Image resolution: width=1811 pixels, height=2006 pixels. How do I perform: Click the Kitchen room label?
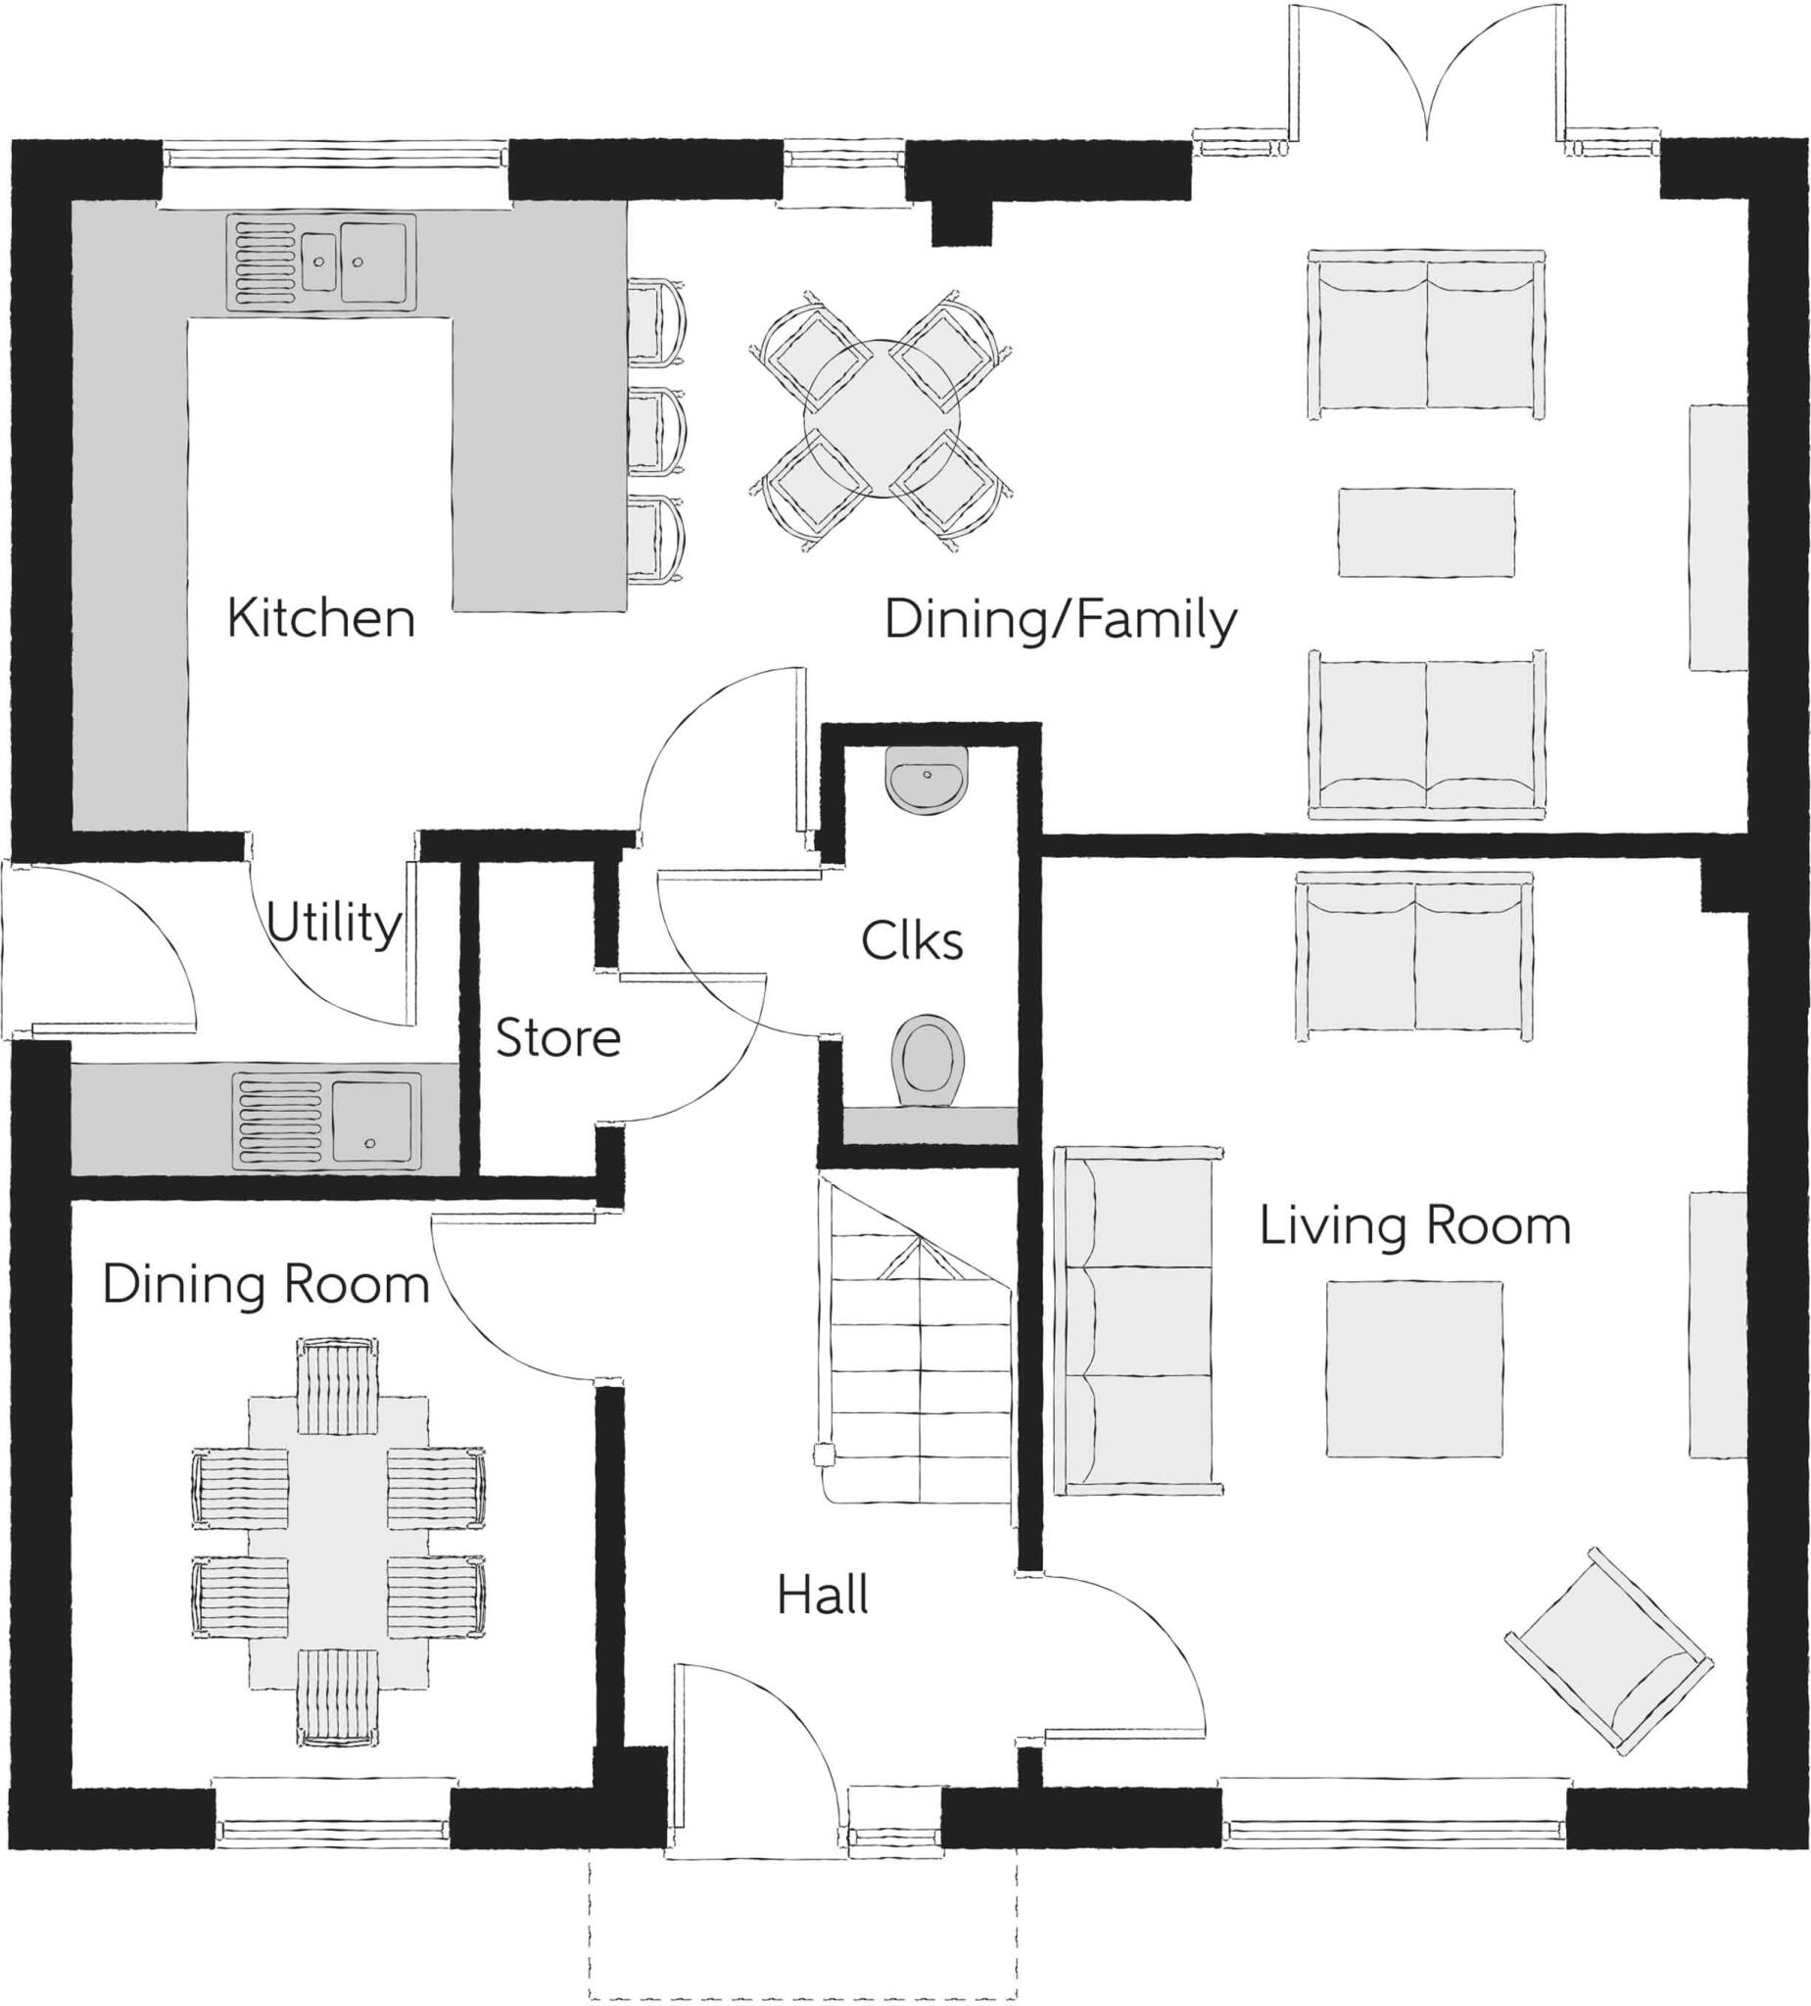coord(320,618)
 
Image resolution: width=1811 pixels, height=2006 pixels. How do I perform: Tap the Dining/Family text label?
coord(1060,620)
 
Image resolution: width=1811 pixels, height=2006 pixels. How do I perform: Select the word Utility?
coord(333,924)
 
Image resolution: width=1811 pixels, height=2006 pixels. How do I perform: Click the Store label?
coord(557,1039)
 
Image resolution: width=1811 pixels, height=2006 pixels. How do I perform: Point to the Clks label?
coord(912,941)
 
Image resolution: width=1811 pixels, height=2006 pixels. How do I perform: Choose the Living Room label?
coord(1414,1226)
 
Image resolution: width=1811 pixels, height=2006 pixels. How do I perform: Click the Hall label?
coord(822,1596)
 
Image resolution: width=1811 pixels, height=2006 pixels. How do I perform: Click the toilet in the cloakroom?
coord(929,1061)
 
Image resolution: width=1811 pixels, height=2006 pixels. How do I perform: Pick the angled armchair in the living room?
coord(1608,1649)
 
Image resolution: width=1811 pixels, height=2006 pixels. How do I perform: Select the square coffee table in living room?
coord(1413,1369)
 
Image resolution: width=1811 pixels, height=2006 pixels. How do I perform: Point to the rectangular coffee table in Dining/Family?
coord(1425,531)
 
